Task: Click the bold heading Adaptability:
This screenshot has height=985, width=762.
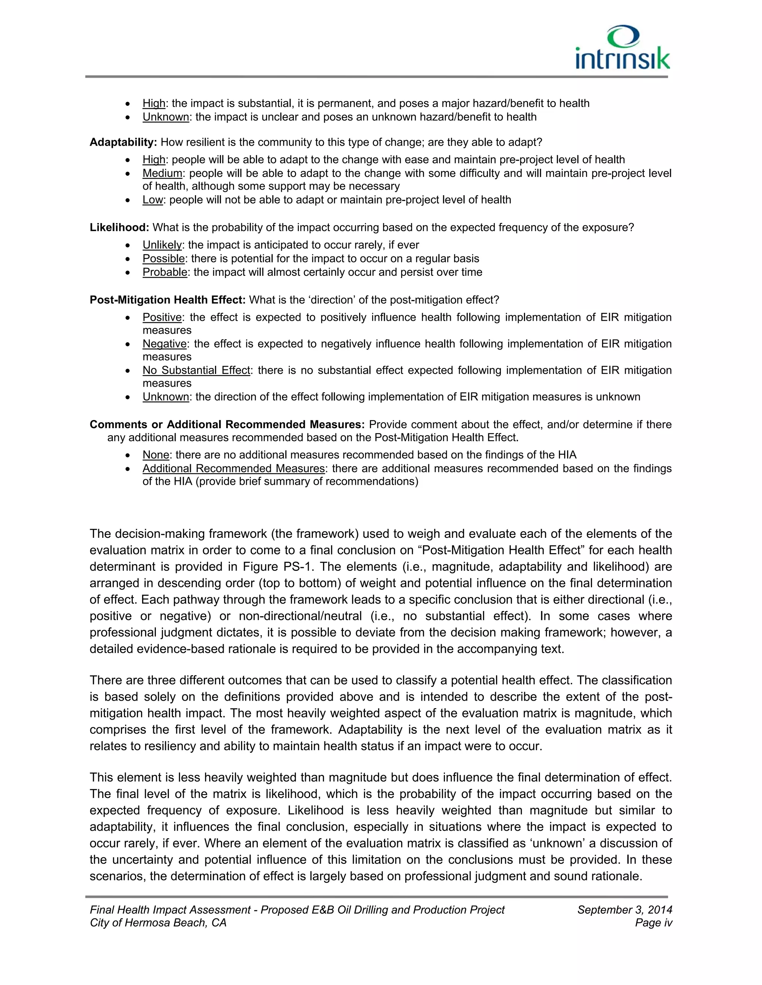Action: tap(123, 142)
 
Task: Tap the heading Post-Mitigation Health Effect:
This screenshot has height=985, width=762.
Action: tap(167, 300)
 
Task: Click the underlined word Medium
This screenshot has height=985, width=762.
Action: tap(162, 174)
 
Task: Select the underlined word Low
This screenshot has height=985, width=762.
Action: tap(152, 200)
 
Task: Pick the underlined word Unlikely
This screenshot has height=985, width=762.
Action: tap(162, 245)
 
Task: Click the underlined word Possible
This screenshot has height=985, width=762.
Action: tap(163, 259)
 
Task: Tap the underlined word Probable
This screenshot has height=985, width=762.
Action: tap(165, 272)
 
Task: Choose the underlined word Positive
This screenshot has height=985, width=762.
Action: tap(161, 317)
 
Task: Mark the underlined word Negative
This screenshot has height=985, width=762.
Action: tap(164, 344)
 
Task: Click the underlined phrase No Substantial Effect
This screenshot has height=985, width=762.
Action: tap(196, 371)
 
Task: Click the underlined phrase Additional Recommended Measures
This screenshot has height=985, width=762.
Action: tap(233, 469)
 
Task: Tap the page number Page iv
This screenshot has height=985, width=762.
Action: tap(653, 923)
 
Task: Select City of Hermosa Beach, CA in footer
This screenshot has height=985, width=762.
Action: tap(158, 923)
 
